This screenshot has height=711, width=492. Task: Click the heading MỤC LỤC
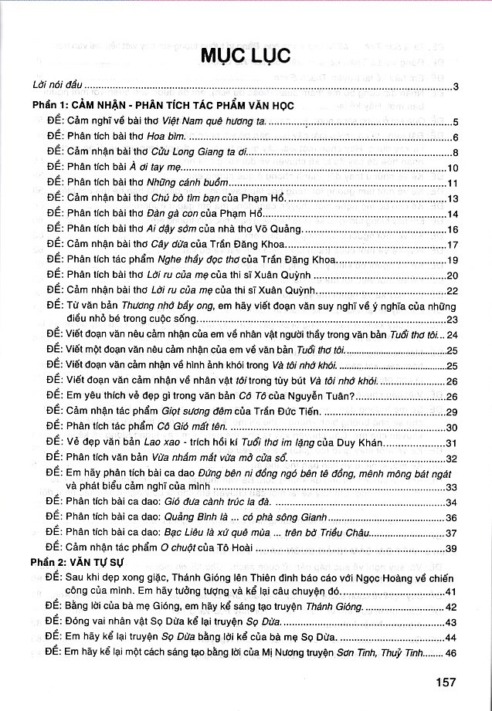[246, 56]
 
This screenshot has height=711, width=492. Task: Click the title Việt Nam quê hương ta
[215, 122]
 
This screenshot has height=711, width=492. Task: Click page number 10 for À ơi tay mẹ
[453, 168]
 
